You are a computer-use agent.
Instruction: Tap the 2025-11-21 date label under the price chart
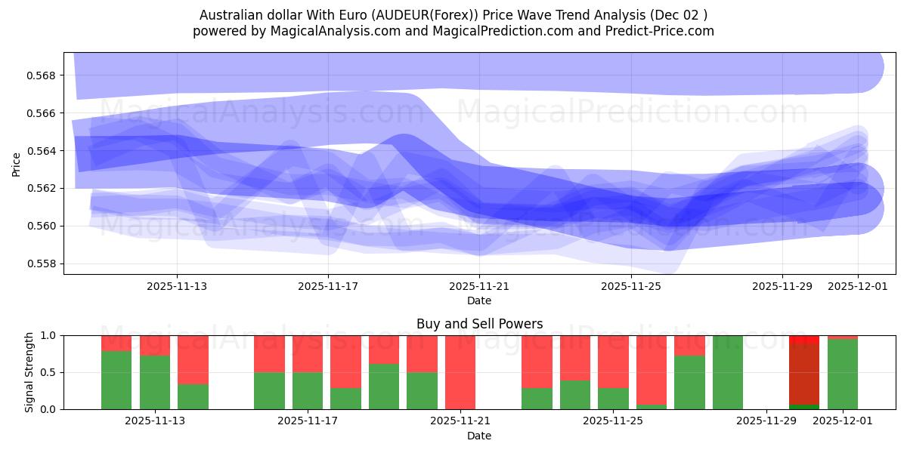479,286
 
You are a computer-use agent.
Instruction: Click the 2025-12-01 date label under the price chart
857,286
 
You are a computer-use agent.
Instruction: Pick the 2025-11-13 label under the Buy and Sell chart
155,421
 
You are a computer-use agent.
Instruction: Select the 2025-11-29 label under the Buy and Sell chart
766,421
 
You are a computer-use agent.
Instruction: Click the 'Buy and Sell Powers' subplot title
479,324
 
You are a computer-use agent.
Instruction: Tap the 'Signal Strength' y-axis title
29,372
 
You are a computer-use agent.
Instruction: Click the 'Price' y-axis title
17,163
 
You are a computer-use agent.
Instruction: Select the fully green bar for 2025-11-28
728,372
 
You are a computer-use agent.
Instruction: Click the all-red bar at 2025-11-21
460,372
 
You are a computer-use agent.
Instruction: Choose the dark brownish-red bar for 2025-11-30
804,374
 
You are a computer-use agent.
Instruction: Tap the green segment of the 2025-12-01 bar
843,374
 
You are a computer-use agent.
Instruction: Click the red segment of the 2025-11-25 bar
613,361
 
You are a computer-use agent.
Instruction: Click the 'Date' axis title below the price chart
479,300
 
